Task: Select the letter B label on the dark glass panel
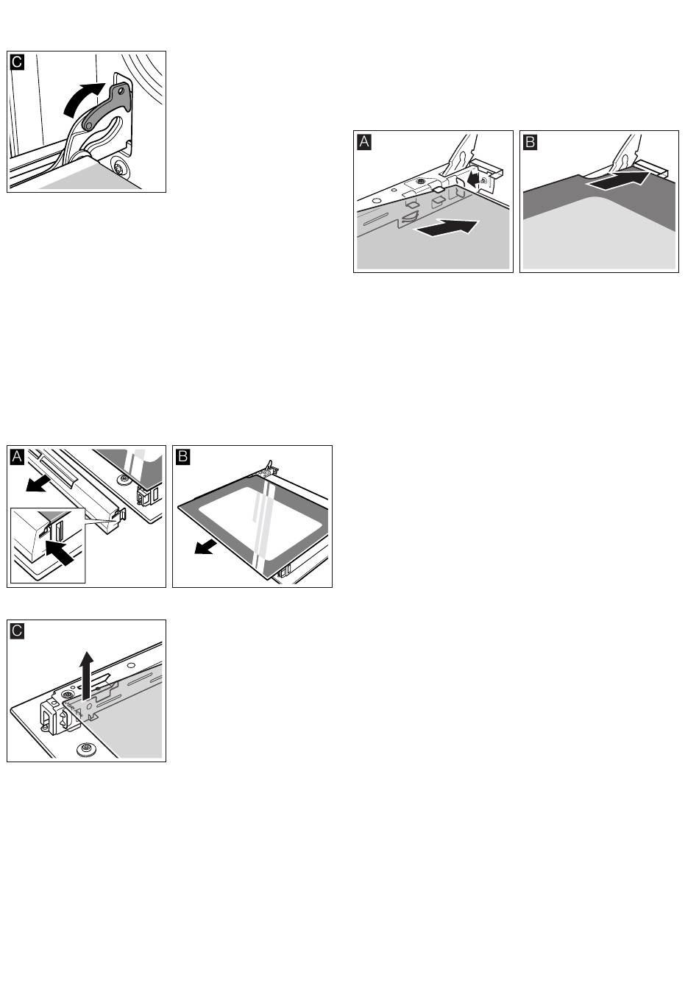[x=530, y=141]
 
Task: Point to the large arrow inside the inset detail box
[x=59, y=550]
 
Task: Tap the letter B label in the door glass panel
[x=182, y=456]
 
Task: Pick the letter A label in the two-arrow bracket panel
[x=363, y=141]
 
